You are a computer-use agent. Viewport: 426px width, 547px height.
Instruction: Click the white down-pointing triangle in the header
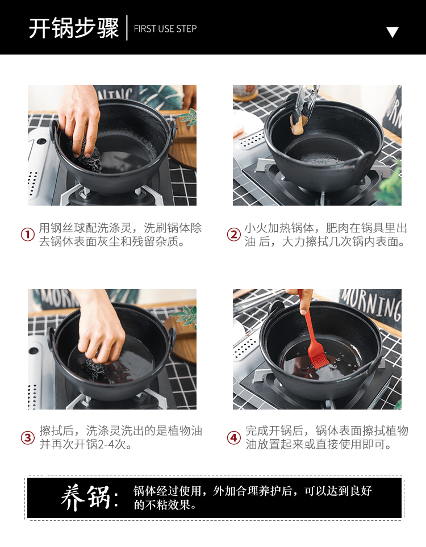coord(392,32)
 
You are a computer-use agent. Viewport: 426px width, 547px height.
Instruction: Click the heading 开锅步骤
coord(74,28)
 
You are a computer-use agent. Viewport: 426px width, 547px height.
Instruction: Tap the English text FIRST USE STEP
coord(165,28)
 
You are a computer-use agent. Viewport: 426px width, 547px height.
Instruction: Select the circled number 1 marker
coord(28,235)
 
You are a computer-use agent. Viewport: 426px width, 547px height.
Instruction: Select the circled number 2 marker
coord(234,235)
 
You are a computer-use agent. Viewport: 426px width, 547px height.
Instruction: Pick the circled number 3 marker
coord(28,437)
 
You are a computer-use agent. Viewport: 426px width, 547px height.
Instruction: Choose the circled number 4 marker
coord(234,437)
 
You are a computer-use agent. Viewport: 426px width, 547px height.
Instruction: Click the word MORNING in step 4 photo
coord(370,304)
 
